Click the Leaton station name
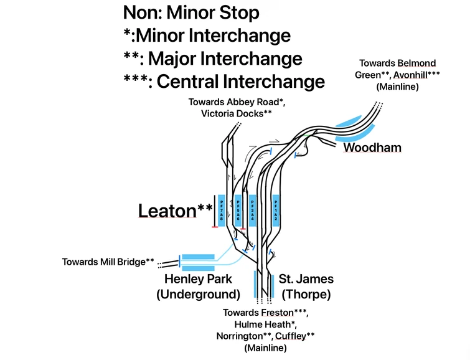point(167,211)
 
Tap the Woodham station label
point(372,148)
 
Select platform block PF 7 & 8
point(221,211)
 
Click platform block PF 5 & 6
point(237,211)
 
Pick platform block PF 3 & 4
point(252,211)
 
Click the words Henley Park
point(198,279)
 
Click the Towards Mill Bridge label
point(108,262)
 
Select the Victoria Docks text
point(237,113)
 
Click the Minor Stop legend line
point(191,12)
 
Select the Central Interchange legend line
point(224,81)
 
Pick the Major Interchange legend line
point(213,58)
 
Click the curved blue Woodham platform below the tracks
point(357,135)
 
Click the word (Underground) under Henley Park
point(198,294)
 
